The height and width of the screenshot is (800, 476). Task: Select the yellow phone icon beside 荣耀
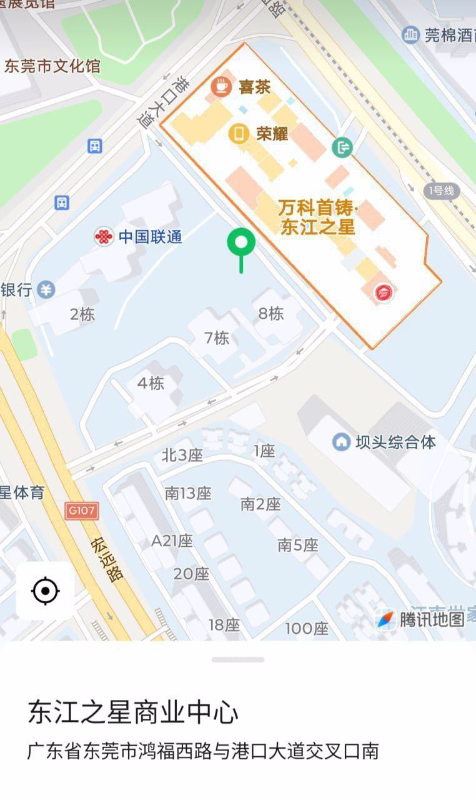(x=238, y=133)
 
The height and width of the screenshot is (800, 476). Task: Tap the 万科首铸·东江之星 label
(x=318, y=217)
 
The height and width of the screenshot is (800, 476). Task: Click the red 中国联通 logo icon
(x=103, y=237)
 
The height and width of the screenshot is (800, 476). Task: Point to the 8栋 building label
(x=271, y=313)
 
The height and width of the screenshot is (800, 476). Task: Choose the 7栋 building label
(x=217, y=338)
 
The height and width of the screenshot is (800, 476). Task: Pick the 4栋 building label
(x=151, y=383)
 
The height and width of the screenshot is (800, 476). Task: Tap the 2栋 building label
(x=82, y=314)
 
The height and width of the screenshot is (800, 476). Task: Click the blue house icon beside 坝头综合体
(x=341, y=442)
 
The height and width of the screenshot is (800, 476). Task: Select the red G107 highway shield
(x=82, y=511)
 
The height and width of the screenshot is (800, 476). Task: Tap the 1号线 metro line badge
(x=441, y=191)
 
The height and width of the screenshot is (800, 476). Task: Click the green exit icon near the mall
(x=343, y=147)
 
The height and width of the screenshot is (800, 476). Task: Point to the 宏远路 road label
(x=107, y=559)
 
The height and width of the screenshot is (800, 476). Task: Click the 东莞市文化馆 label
(x=52, y=66)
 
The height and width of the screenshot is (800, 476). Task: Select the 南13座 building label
(x=188, y=493)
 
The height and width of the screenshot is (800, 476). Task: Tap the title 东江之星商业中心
(x=133, y=712)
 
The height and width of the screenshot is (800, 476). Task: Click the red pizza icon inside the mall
(x=382, y=292)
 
